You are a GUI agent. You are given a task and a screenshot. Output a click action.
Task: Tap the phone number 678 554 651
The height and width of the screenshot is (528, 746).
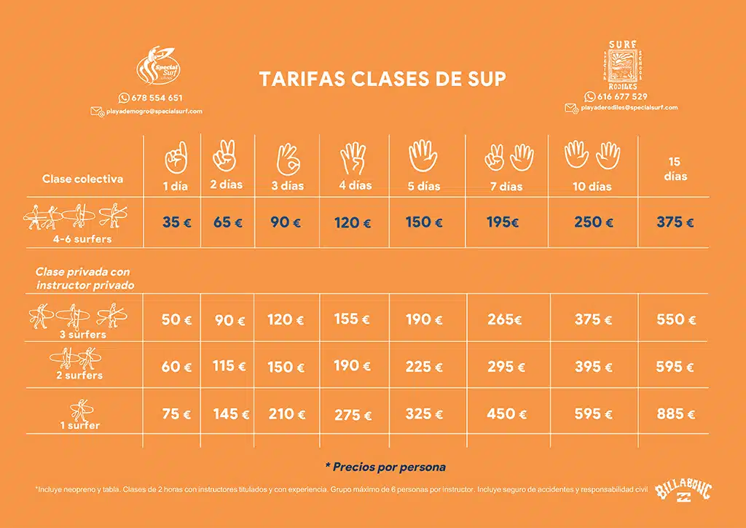[x=155, y=98]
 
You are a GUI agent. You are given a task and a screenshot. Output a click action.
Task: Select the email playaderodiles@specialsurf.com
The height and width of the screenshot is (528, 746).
[x=629, y=107]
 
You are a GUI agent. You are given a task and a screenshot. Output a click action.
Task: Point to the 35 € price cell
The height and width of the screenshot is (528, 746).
[x=177, y=222]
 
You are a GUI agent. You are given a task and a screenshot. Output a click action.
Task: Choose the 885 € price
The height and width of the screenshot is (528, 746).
[x=675, y=414]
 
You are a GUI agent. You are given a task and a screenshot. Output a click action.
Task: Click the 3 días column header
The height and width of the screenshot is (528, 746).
[x=288, y=185]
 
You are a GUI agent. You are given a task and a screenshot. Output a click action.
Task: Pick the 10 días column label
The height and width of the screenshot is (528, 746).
[x=592, y=187]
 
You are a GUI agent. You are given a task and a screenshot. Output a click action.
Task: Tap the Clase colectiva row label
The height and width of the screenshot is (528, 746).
[x=82, y=179]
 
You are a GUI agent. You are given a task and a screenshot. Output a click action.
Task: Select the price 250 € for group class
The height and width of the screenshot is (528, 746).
[x=593, y=222]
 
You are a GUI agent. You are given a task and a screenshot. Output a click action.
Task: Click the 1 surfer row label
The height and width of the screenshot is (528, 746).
[x=79, y=425]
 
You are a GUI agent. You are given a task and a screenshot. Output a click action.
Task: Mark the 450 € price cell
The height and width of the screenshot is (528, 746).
[x=506, y=414]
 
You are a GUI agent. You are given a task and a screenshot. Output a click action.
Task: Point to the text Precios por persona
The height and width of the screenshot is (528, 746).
[x=385, y=467]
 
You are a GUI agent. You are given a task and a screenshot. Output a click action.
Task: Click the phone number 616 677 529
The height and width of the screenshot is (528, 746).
[x=621, y=96]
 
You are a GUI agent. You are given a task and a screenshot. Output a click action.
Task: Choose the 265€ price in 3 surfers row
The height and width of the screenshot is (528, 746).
[x=506, y=319]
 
